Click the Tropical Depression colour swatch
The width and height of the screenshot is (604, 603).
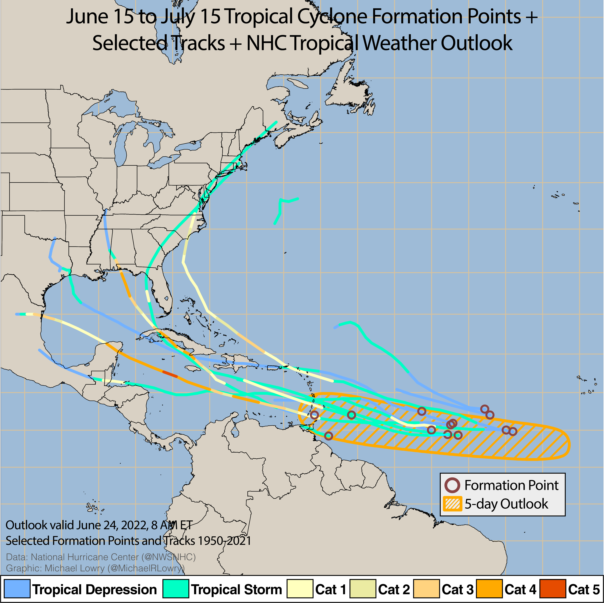pyautogui.click(x=17, y=589)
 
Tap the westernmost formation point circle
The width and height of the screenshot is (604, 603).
pyautogui.click(x=315, y=415)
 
